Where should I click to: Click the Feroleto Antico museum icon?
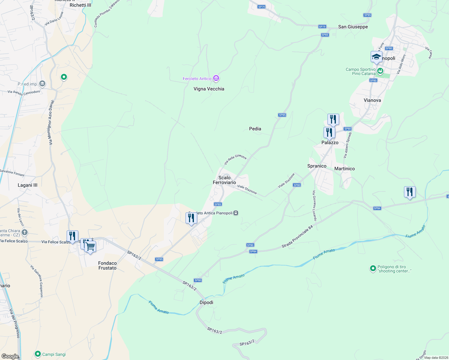point(216,79)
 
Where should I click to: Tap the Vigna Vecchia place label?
point(209,89)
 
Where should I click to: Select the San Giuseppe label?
point(353,27)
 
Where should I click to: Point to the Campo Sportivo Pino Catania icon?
point(380,71)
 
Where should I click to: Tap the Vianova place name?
point(372,100)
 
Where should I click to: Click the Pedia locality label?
point(255,129)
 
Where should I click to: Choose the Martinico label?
point(345,169)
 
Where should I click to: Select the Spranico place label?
point(317,166)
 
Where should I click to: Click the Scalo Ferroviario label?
point(224,180)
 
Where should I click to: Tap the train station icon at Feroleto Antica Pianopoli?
point(236,213)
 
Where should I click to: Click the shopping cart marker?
point(90,247)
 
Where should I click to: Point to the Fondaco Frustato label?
point(107,265)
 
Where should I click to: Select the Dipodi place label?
point(206,302)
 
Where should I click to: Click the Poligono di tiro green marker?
point(373,268)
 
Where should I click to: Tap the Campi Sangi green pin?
point(38,354)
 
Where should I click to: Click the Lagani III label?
point(28,185)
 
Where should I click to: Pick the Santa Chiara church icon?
point(25,232)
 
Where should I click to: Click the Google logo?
point(10,356)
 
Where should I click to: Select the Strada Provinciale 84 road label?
point(297,237)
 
